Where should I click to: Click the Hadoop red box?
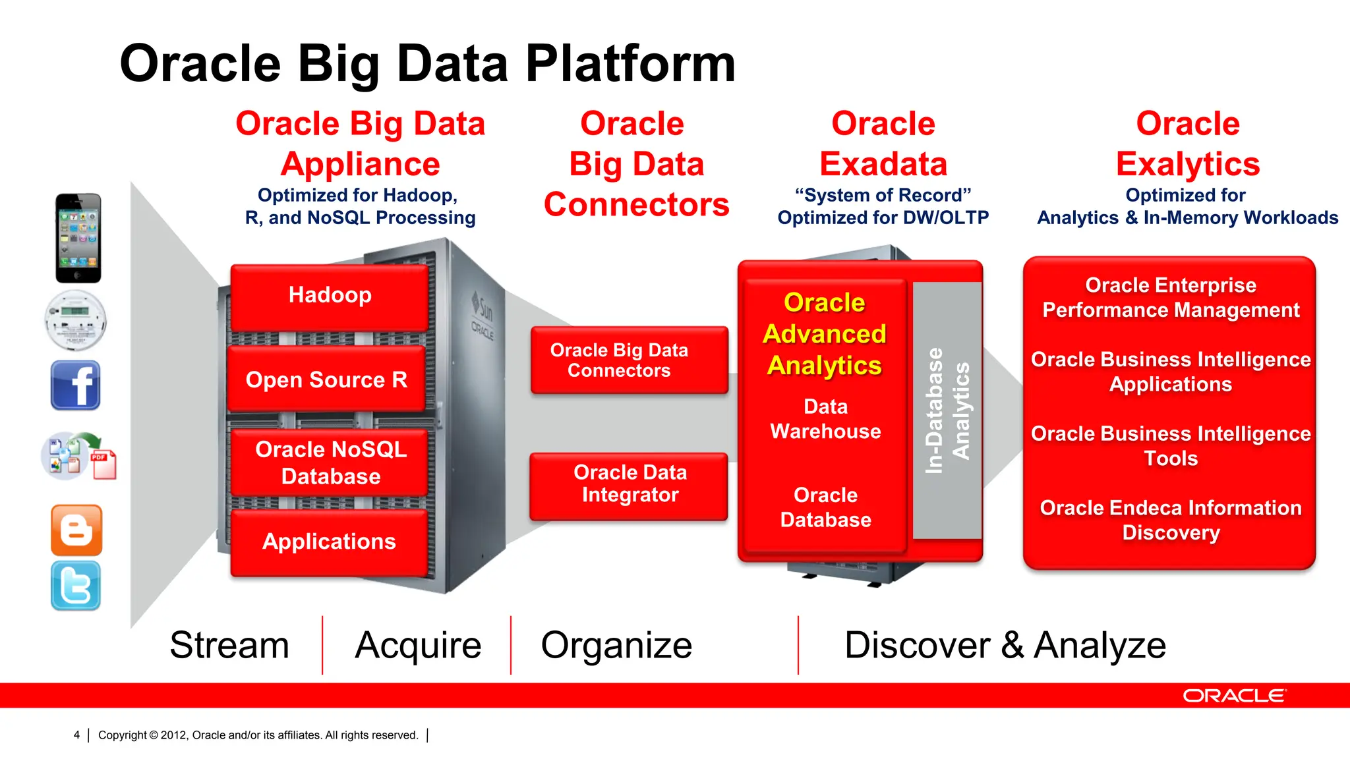(330, 296)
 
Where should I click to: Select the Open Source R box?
(326, 379)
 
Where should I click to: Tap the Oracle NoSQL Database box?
(330, 463)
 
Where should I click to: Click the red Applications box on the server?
(329, 542)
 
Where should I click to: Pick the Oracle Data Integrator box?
(630, 485)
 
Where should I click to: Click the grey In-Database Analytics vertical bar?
(947, 410)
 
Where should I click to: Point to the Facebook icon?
(76, 385)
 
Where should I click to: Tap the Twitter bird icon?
(76, 586)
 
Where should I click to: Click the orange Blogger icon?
(76, 530)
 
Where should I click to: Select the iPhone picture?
(78, 238)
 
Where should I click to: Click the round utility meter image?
(76, 320)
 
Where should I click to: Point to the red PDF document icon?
(103, 464)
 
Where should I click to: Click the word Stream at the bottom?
(229, 645)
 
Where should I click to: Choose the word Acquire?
(418, 645)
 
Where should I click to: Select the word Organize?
(616, 645)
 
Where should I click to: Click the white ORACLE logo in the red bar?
(1233, 696)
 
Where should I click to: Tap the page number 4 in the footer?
(76, 735)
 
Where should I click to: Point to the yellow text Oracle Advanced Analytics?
(825, 334)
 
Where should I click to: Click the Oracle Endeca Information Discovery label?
(1171, 520)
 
